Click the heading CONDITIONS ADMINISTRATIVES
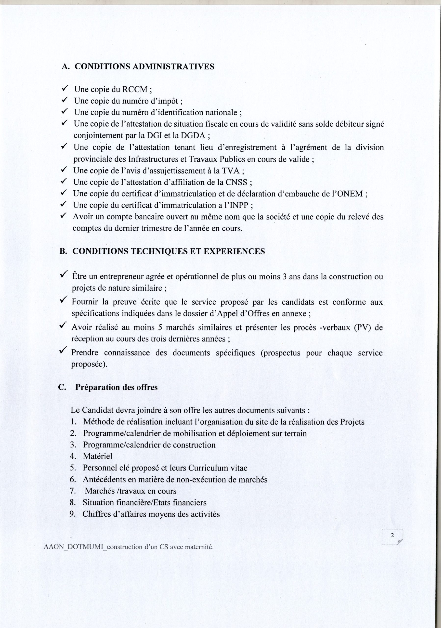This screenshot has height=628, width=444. [144, 67]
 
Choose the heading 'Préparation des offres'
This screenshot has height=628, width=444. [116, 388]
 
